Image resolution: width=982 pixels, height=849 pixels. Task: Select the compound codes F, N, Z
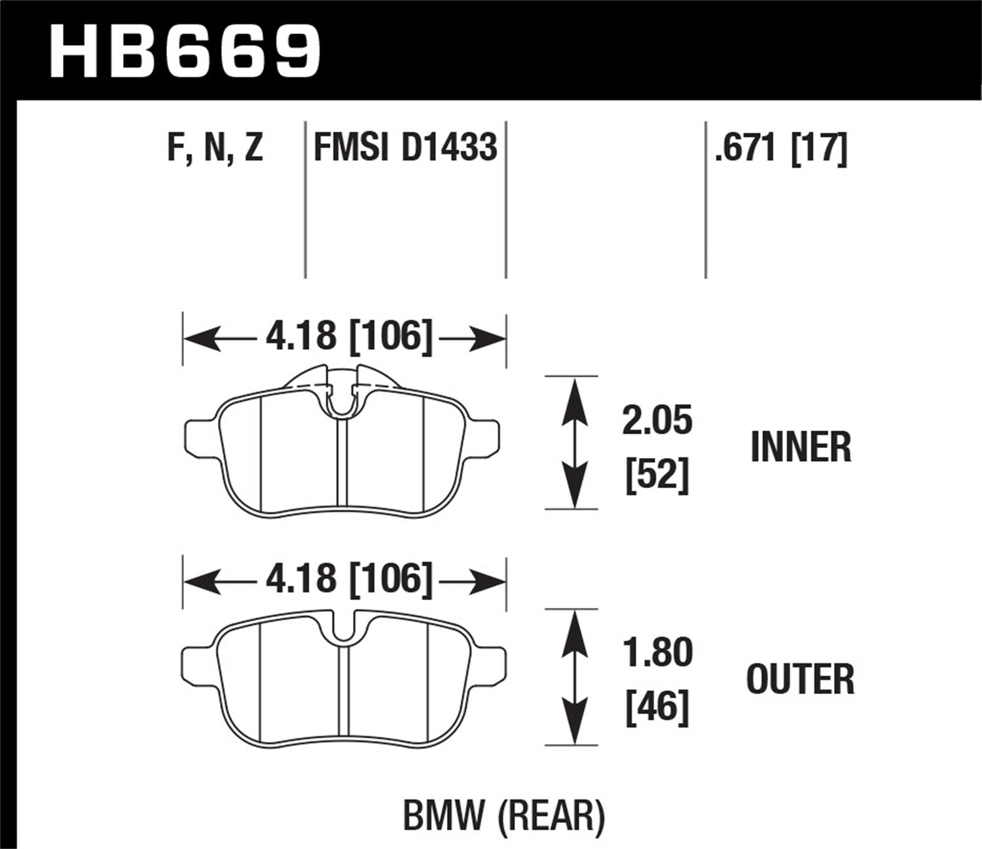215,147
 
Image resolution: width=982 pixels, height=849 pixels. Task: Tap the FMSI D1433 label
405,147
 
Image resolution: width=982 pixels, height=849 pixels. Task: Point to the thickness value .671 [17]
781,147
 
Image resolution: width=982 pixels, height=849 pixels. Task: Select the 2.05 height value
657,420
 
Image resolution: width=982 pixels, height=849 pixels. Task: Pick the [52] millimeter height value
657,475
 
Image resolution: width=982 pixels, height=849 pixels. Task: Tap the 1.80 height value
657,653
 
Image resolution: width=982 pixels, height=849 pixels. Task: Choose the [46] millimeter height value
657,707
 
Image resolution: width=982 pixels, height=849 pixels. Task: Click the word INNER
801,447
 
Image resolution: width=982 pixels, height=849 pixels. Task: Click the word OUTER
801,679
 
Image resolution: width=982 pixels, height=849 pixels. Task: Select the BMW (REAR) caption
503,816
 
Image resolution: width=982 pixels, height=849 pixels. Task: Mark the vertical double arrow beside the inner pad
574,443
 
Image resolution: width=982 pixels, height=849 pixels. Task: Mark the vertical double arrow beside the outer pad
574,677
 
